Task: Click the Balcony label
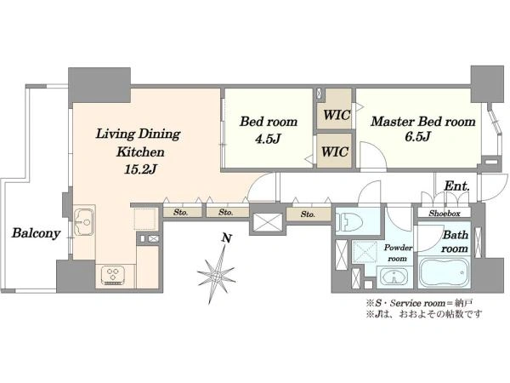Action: click(36, 233)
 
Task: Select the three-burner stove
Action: click(112, 275)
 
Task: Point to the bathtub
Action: click(444, 272)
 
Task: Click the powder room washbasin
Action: click(394, 277)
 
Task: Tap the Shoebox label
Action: click(445, 214)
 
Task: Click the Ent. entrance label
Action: click(456, 186)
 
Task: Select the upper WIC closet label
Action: click(337, 115)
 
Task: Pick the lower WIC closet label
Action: click(335, 151)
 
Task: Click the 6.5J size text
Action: click(418, 137)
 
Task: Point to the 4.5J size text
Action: click(268, 139)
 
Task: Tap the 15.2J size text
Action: click(140, 169)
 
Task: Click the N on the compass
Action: click(226, 238)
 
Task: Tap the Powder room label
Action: click(398, 253)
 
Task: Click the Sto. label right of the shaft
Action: click(308, 214)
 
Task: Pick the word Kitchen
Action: click(140, 152)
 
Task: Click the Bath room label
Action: click(455, 242)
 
